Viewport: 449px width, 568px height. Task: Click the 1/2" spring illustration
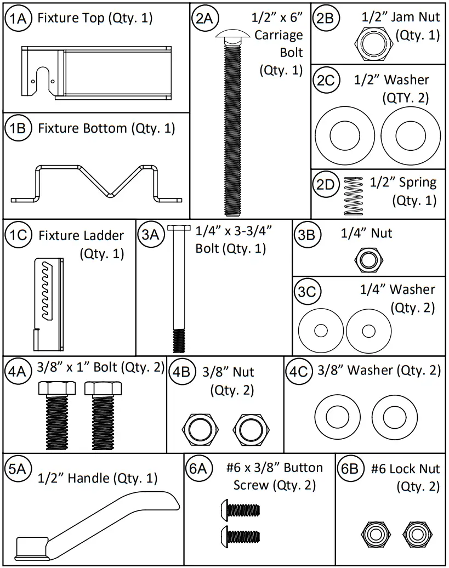[x=354, y=196]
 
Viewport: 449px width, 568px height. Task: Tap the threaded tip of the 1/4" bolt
[x=179, y=340]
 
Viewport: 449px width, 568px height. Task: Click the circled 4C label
[x=299, y=371]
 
